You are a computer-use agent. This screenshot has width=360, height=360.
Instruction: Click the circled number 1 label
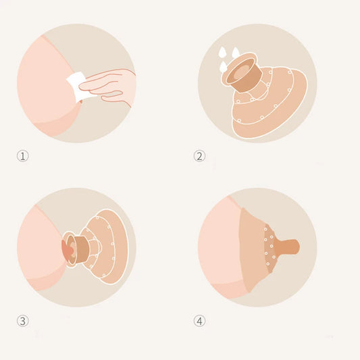(23, 156)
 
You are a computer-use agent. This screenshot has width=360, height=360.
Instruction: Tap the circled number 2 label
(199, 156)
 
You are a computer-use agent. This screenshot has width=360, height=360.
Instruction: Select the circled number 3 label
(23, 321)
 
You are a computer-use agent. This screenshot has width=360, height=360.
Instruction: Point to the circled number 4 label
(199, 321)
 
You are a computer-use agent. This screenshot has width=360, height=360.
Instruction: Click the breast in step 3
(37, 250)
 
